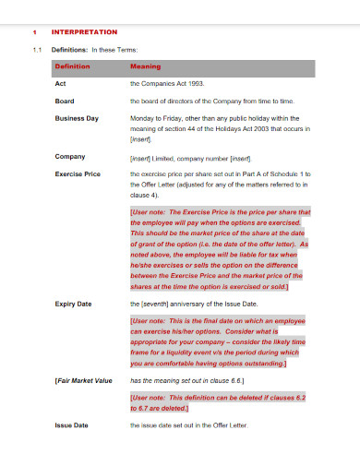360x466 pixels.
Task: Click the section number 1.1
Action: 37,50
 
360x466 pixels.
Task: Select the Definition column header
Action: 73,67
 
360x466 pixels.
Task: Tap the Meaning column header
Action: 146,67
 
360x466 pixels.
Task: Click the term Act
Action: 59,84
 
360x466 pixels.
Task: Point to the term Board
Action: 65,101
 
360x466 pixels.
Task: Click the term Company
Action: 70,157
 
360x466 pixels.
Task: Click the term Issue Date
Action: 71,424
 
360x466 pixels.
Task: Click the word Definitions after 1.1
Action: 68,50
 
